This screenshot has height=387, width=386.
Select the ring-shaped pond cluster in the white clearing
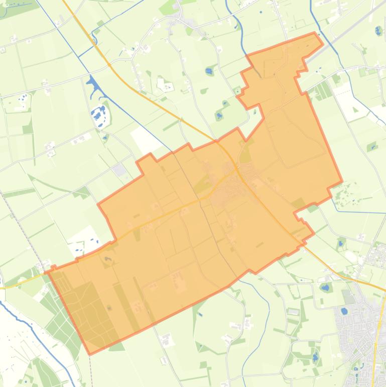(x=99, y=115)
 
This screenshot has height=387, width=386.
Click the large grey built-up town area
(x=359, y=322)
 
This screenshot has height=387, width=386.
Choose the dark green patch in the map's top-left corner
(x=20, y=8)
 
